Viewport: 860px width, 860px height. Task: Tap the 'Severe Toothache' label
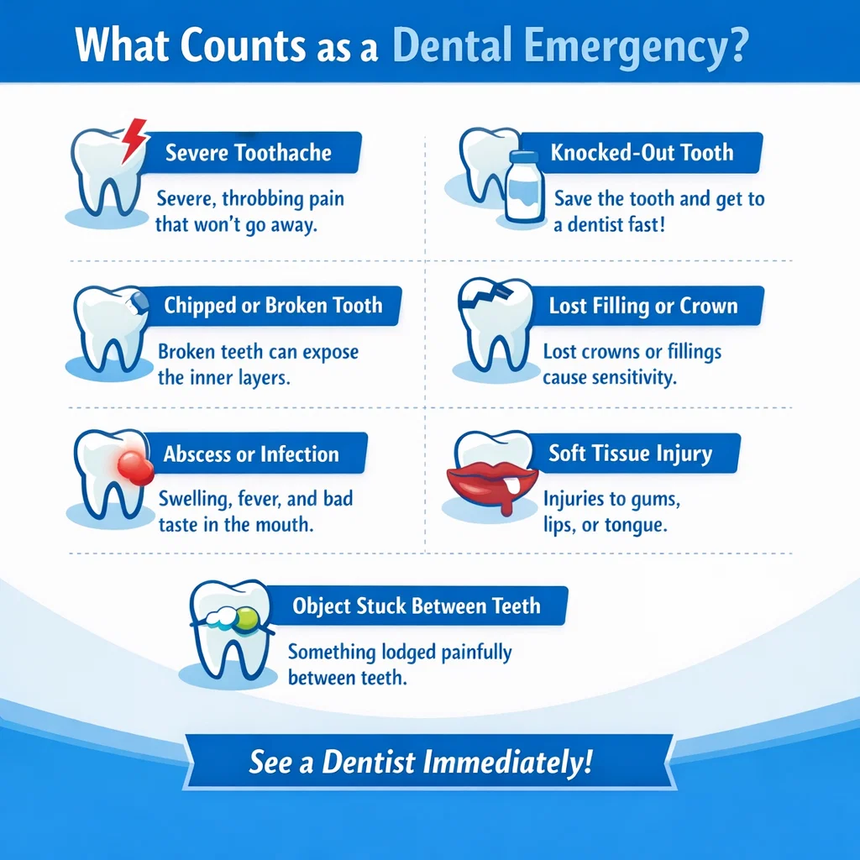(x=249, y=153)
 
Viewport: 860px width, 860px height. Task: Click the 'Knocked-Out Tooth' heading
(x=642, y=153)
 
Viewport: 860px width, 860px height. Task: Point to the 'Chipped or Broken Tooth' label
(x=273, y=305)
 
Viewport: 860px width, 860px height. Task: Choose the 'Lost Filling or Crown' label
(x=643, y=306)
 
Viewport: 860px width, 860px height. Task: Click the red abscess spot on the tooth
(x=132, y=464)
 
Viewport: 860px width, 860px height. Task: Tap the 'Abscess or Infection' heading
(x=251, y=454)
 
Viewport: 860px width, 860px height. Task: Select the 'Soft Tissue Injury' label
(x=630, y=454)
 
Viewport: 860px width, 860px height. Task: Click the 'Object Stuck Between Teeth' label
(x=417, y=606)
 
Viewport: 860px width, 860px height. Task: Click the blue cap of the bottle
(x=522, y=158)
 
